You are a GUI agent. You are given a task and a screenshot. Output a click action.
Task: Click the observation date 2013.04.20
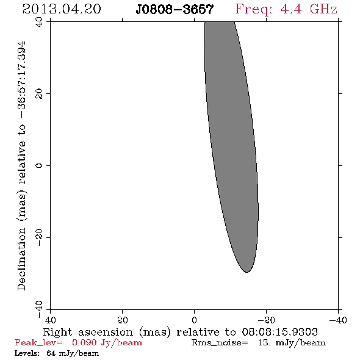[62, 9]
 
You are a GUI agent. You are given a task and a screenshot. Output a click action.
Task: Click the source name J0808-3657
[175, 10]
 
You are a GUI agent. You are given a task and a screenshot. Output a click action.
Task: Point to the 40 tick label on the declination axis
[39, 22]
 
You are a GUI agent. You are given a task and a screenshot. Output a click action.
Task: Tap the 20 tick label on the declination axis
[39, 94]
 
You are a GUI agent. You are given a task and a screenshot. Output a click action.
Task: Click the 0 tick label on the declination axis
[39, 165]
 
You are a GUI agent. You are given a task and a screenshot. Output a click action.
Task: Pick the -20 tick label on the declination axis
[39, 237]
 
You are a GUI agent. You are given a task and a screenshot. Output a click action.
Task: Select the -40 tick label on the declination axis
[39, 309]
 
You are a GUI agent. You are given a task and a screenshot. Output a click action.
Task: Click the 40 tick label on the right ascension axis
[50, 320]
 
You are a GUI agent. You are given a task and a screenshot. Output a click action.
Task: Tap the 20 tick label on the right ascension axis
[123, 320]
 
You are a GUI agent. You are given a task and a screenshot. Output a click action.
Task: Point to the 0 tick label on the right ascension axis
[194, 320]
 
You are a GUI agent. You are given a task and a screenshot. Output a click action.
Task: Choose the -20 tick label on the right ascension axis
[266, 320]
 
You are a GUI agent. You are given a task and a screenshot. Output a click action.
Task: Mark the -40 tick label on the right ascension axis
[338, 320]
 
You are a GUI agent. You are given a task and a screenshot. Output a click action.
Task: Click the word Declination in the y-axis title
[21, 259]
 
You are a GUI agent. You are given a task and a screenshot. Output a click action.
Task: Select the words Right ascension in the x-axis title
[88, 332]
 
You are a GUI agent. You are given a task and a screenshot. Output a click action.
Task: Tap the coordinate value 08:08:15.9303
[279, 332]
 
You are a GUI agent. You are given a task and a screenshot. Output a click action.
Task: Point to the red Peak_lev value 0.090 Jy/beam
[107, 343]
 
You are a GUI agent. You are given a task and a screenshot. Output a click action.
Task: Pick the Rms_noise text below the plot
[220, 343]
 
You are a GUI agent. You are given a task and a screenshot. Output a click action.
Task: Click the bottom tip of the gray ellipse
[247, 272]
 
